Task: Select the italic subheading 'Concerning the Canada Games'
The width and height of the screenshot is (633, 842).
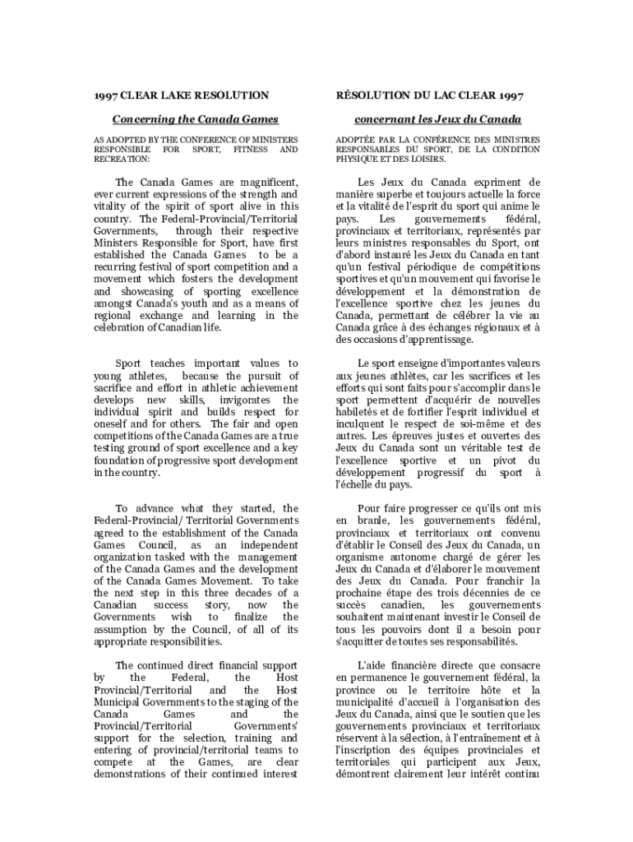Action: click(x=195, y=120)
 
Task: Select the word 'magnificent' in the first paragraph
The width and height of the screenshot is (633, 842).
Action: click(x=266, y=182)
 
